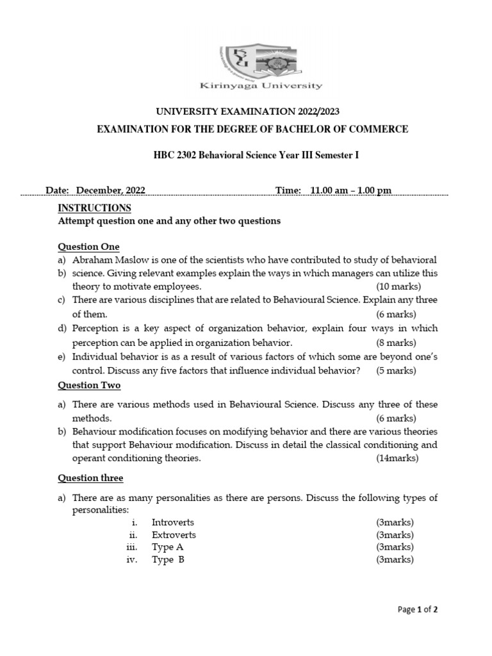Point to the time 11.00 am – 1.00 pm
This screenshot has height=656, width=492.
point(350,190)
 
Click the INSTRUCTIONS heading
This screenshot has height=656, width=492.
point(95,208)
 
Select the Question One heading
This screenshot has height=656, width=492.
point(88,247)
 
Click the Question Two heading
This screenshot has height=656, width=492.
point(89,385)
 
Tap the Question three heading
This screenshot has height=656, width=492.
point(90,478)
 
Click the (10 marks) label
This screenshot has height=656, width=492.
point(397,286)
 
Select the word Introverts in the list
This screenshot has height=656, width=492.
point(172,522)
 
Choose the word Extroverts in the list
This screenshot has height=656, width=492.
point(174,534)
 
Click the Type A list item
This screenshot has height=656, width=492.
point(167,547)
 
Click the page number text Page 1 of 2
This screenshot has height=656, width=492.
point(418,609)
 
